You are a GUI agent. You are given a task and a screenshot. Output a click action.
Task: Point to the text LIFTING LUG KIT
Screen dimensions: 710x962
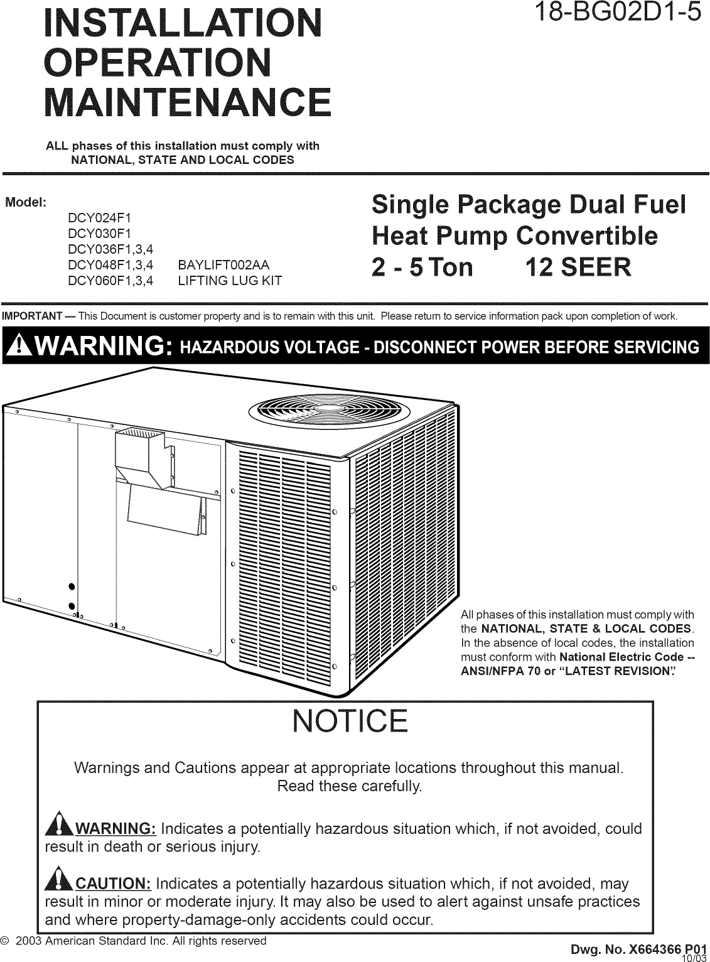[x=230, y=281]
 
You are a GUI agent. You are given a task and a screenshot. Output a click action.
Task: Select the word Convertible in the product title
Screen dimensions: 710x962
[x=586, y=236]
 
